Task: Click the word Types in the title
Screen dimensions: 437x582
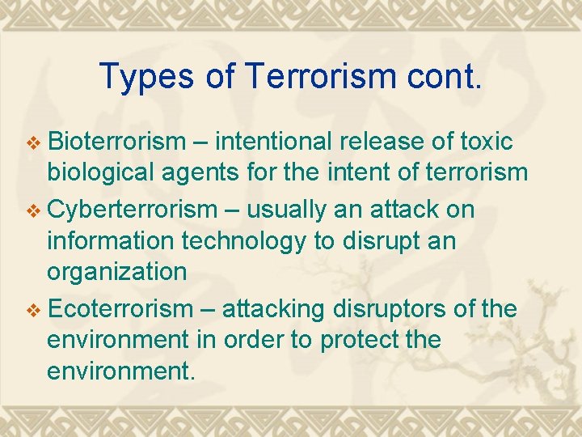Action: coord(147,77)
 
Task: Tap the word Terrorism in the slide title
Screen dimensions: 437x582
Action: coord(306,77)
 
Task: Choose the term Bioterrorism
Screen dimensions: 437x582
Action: coord(117,142)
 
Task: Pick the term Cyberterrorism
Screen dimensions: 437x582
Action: coord(133,210)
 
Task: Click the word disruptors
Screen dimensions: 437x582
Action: coord(379,309)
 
